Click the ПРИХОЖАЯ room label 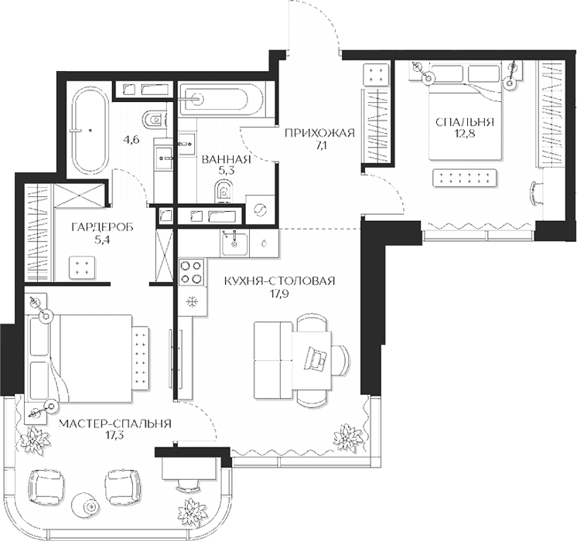click(319, 133)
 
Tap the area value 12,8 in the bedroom click(464, 134)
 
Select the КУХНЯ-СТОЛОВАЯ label click(280, 281)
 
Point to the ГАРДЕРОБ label click(102, 228)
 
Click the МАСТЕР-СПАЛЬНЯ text click(115, 424)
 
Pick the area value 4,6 click(130, 140)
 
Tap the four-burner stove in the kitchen click(191, 272)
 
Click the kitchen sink click(235, 243)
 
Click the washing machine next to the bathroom click(259, 209)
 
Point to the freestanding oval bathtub click(90, 130)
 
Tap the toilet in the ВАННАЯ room click(224, 191)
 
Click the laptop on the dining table click(315, 358)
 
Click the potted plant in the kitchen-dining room click(346, 437)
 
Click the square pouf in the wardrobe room click(82, 267)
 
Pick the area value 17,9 click(280, 294)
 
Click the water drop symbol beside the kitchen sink click(264, 243)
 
